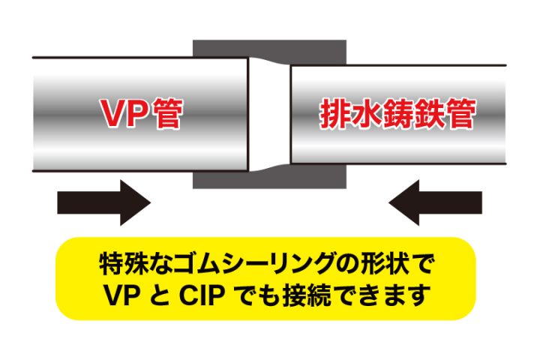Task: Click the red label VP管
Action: tap(141, 114)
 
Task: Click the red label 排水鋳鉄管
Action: tap(397, 114)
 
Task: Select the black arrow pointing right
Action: tap(104, 202)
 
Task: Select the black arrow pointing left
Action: tap(435, 202)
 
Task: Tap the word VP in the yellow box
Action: tap(122, 295)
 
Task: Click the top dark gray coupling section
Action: tap(269, 52)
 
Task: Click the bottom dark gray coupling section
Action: tap(269, 178)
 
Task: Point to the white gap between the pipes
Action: tap(269, 114)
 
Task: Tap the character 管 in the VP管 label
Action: tap(168, 114)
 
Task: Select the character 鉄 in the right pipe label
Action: tap(429, 114)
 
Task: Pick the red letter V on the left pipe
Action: tap(114, 114)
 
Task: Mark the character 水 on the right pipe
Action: tap(365, 114)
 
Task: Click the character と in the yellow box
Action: tap(160, 295)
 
